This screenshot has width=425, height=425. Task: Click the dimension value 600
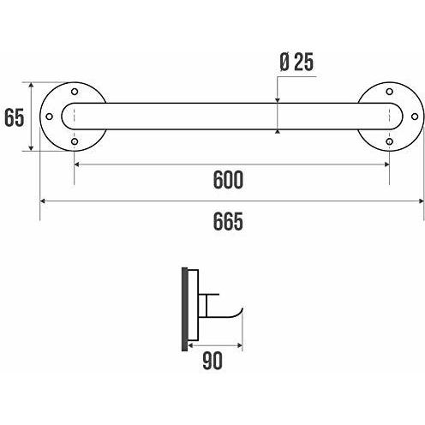(228, 180)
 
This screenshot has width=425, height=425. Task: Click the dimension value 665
(228, 221)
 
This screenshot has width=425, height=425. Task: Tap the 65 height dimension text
(15, 117)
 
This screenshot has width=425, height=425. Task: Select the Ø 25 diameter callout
(296, 62)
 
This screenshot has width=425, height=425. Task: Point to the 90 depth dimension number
(212, 361)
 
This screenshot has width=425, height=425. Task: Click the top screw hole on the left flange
(75, 92)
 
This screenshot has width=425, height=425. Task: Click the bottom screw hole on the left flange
(75, 141)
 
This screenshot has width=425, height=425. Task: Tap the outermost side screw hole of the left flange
(49, 117)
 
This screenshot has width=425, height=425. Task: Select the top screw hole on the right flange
(389, 92)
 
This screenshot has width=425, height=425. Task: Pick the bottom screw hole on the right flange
(389, 141)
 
